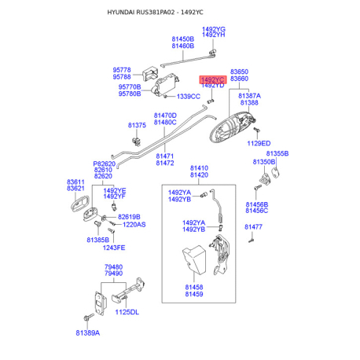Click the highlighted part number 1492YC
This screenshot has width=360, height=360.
213,79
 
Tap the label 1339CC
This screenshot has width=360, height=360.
189,97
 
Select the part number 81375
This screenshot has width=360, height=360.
137,125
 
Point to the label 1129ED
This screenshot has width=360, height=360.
259,143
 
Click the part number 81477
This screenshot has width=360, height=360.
253,227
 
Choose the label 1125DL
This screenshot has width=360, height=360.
127,312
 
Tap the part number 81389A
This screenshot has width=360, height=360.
88,332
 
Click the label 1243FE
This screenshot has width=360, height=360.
114,248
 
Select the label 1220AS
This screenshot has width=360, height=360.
134,225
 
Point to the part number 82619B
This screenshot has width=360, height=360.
129,217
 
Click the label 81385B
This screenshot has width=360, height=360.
98,240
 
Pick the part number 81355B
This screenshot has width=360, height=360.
277,153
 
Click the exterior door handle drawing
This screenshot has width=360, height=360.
232,127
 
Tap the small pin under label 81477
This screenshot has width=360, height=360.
252,239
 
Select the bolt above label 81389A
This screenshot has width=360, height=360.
89,317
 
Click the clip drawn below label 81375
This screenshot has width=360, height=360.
137,141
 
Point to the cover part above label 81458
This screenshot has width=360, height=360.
194,259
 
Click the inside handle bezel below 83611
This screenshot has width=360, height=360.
80,204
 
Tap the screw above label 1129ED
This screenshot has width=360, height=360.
256,130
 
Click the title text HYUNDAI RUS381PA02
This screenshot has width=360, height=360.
141,13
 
